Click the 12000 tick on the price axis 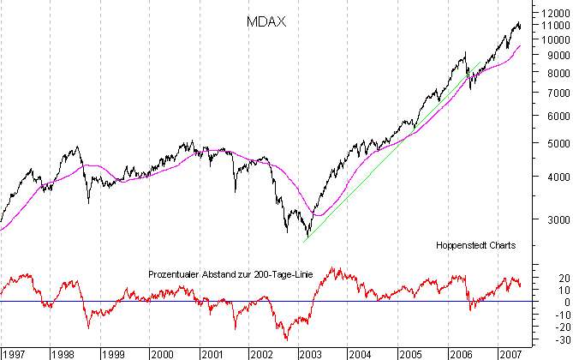pyautogui.click(x=549, y=13)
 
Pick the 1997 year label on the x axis pyautogui.click(x=13, y=353)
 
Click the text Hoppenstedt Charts pyautogui.click(x=475, y=245)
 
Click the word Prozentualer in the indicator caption pyautogui.click(x=175, y=274)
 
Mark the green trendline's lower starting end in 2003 pyautogui.click(x=304, y=242)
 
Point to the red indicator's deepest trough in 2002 pyautogui.click(x=284, y=339)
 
